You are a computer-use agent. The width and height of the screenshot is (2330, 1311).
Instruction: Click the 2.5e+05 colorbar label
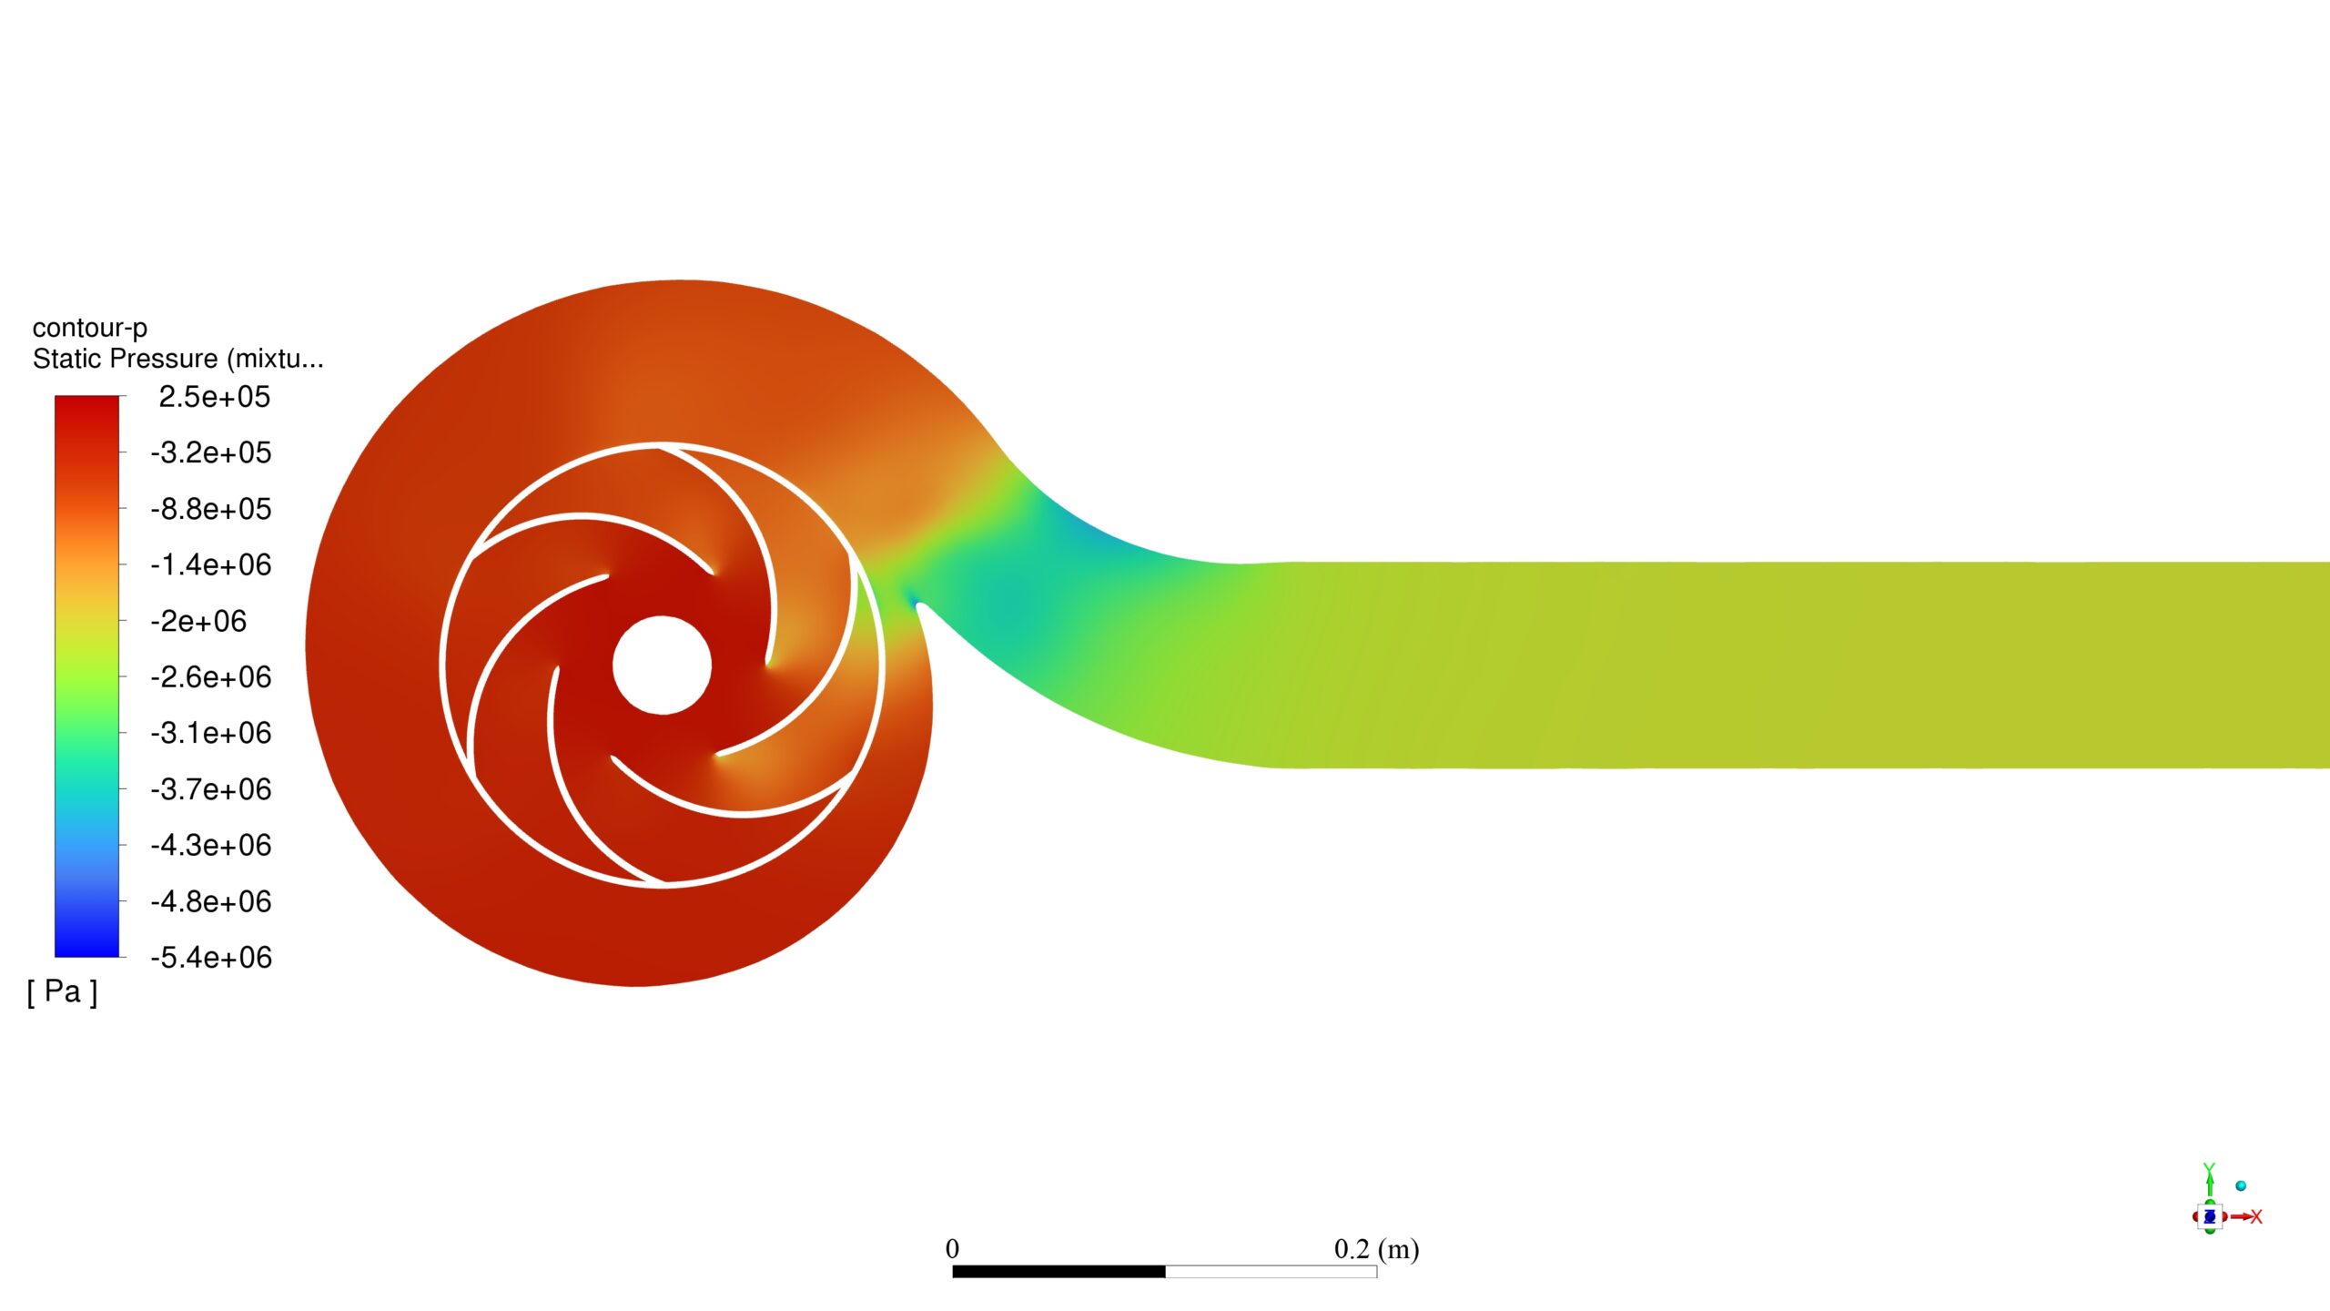point(214,397)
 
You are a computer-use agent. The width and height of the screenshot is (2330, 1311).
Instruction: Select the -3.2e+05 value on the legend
point(211,452)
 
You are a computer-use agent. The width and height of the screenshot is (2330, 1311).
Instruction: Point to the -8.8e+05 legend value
point(211,509)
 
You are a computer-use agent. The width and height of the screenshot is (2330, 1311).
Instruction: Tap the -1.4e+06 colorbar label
point(211,565)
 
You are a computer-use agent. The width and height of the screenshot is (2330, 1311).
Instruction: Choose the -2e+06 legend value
point(198,622)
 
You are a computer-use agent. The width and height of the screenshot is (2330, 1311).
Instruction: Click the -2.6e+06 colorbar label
point(211,677)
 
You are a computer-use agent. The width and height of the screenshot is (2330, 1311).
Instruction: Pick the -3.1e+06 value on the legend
point(211,733)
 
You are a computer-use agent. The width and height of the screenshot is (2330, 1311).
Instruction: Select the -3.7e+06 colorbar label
point(211,789)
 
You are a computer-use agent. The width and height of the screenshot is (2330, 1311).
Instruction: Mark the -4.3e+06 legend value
point(211,846)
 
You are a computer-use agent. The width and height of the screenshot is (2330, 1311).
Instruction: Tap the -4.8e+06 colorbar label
point(211,902)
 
